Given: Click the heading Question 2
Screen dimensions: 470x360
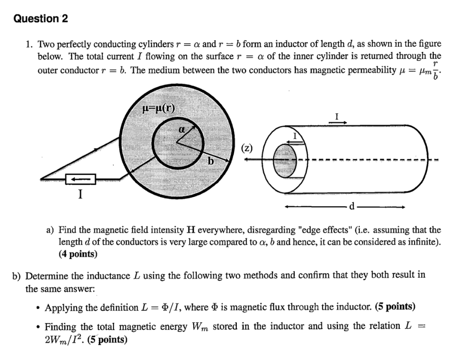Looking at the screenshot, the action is pos(41,19).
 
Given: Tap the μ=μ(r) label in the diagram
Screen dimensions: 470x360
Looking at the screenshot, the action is pos(158,108).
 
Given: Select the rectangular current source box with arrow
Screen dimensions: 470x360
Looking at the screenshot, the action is pos(80,178).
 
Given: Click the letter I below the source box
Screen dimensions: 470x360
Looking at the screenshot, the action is pos(80,195).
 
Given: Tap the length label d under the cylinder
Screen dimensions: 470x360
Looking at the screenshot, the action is pos(352,207).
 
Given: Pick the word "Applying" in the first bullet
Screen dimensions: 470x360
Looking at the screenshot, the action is pos(63,307).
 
